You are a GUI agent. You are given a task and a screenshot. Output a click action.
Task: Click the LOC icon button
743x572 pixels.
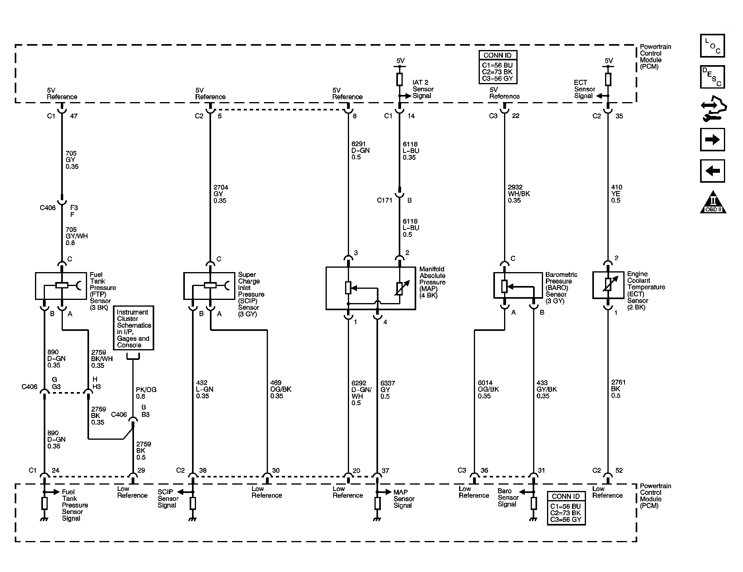[x=712, y=46]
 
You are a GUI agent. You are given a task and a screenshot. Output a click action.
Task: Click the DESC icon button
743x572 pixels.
[x=712, y=77]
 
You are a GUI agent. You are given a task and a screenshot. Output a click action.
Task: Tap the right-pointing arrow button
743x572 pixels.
[x=712, y=139]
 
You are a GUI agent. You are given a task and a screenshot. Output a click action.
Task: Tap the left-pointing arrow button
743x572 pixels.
[x=712, y=171]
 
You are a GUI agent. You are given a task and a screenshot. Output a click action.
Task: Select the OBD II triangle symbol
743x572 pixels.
[x=713, y=203]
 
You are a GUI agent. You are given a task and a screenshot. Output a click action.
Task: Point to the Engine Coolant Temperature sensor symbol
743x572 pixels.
[x=607, y=285]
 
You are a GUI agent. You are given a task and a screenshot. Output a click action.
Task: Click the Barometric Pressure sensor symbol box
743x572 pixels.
[x=518, y=285]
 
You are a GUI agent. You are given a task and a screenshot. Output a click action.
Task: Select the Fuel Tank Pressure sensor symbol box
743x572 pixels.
[x=61, y=286]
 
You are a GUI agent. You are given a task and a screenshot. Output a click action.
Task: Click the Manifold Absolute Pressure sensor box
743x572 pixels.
[x=370, y=288]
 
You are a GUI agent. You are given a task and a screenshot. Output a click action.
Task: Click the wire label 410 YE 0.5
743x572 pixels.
[x=616, y=194]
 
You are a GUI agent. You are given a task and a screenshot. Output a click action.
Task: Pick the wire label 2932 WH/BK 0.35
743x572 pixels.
[x=518, y=194]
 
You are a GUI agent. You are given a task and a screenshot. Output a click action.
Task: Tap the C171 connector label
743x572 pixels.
[x=384, y=200]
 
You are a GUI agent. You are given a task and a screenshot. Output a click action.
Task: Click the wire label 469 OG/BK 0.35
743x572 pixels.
[x=281, y=389]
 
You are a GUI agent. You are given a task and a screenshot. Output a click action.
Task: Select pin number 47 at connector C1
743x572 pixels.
[x=74, y=116]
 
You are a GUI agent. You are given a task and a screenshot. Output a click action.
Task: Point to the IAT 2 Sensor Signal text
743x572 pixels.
[x=423, y=89]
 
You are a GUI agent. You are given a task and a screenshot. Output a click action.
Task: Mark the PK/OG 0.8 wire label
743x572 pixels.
[x=146, y=393]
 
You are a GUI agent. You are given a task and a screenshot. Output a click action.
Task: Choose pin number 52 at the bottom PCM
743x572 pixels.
[x=619, y=471]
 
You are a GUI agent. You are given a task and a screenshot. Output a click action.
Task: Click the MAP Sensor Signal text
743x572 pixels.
[x=404, y=499]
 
